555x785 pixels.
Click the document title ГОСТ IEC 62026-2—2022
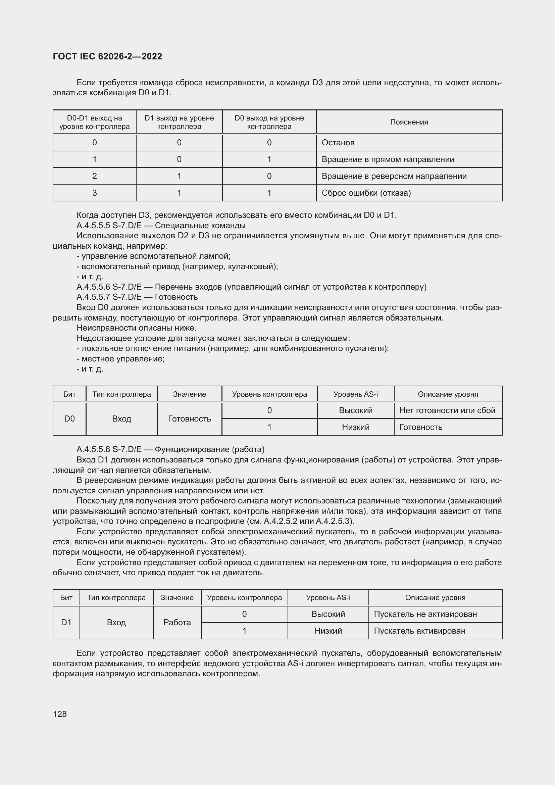point(107,56)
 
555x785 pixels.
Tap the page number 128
point(60,714)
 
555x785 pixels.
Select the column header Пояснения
point(409,122)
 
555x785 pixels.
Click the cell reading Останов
point(338,143)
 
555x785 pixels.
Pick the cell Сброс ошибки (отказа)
point(366,193)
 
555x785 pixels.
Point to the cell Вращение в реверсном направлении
point(394,176)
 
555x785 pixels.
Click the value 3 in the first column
point(94,193)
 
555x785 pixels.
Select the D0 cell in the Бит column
point(69,419)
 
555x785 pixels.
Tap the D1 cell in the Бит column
point(66,622)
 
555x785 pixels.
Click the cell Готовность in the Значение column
point(189,419)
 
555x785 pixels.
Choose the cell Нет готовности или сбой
point(447,410)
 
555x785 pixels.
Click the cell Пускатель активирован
point(419,631)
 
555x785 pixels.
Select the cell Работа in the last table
point(177,622)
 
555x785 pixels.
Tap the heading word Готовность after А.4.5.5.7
point(176,297)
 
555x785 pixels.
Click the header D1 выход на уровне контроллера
point(179,122)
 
